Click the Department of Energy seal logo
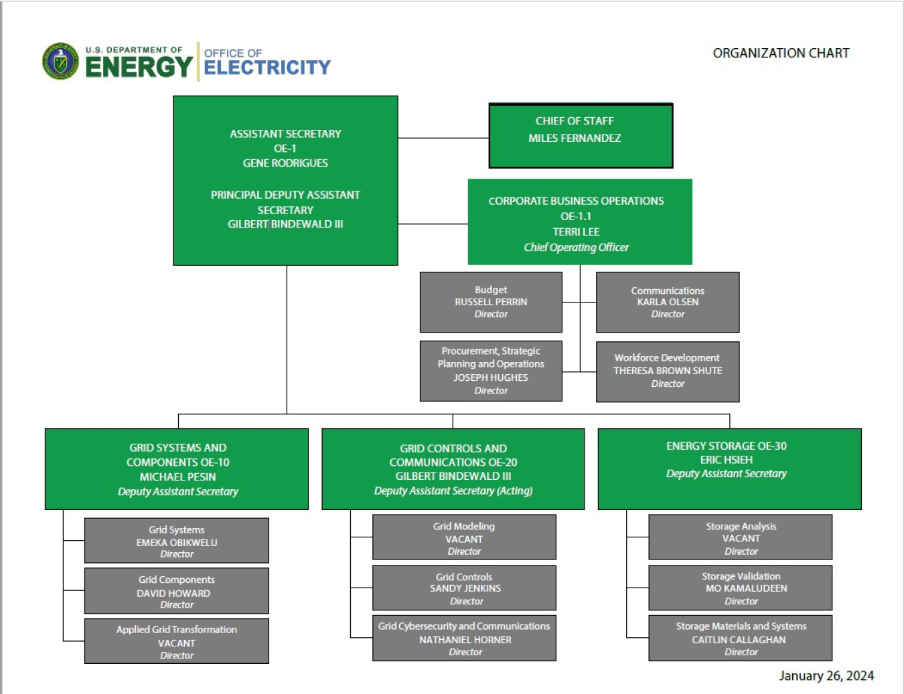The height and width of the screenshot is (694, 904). pyautogui.click(x=60, y=62)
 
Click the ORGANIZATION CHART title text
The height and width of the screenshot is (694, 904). pyautogui.click(x=781, y=53)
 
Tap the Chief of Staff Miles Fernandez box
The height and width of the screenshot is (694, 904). pyautogui.click(x=581, y=135)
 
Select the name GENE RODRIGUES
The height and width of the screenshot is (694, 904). pyautogui.click(x=285, y=163)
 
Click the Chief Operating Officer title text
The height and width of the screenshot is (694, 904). pyautogui.click(x=576, y=248)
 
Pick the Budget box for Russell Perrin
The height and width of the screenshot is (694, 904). pyautogui.click(x=491, y=302)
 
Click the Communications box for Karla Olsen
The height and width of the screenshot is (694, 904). pyautogui.click(x=668, y=302)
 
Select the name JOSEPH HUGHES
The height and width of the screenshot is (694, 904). pyautogui.click(x=491, y=377)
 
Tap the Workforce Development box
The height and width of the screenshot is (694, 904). pyautogui.click(x=668, y=371)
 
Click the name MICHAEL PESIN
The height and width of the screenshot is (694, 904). pyautogui.click(x=178, y=477)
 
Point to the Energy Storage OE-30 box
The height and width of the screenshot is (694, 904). pyautogui.click(x=729, y=468)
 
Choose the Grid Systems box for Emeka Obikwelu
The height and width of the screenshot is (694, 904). pyautogui.click(x=177, y=541)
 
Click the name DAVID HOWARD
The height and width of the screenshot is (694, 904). pyautogui.click(x=173, y=594)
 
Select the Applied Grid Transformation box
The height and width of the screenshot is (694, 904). pyautogui.click(x=177, y=641)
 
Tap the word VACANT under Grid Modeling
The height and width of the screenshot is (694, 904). pyautogui.click(x=464, y=539)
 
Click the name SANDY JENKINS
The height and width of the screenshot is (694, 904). pyautogui.click(x=465, y=588)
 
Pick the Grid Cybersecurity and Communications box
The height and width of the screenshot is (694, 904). pyautogui.click(x=464, y=638)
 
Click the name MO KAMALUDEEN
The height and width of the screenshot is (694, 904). pyautogui.click(x=746, y=588)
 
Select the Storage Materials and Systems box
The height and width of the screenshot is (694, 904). pyautogui.click(x=741, y=638)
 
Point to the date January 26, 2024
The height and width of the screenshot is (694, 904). pyautogui.click(x=826, y=676)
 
